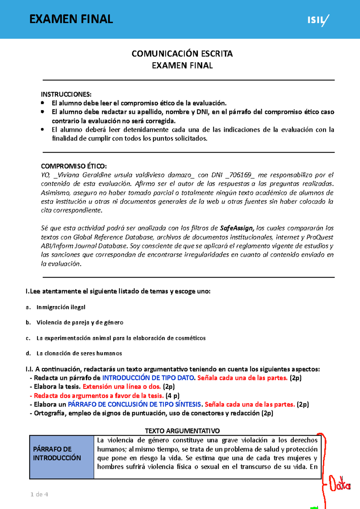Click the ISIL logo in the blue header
(318, 20)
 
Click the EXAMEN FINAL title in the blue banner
(71, 19)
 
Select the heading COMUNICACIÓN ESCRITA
(182, 54)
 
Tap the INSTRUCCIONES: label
(66, 94)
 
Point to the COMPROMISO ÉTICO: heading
(74, 166)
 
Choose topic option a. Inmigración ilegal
(61, 307)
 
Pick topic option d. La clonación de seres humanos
(79, 353)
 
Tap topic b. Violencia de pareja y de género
(80, 323)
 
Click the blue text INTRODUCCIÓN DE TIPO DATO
(148, 378)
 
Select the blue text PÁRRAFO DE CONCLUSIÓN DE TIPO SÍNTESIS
(134, 404)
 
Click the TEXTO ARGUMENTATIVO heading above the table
(182, 431)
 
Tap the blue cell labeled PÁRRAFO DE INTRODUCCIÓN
(61, 454)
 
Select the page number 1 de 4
(39, 494)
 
